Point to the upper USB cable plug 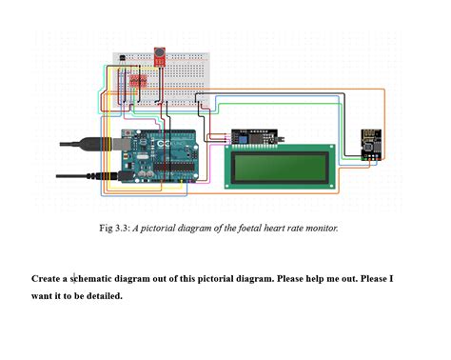(x=96, y=144)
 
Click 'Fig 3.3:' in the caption (x=114, y=229)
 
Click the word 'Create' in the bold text (x=46, y=279)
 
